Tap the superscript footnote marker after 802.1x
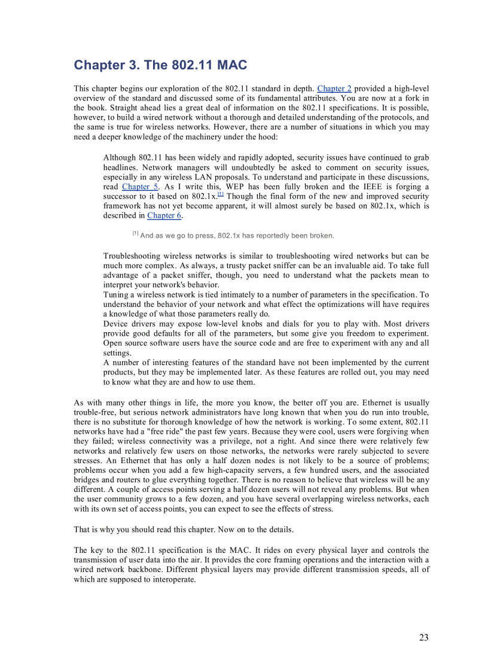tap(221, 194)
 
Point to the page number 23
tap(423, 637)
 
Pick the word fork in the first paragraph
tap(413, 98)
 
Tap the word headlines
tap(121, 168)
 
